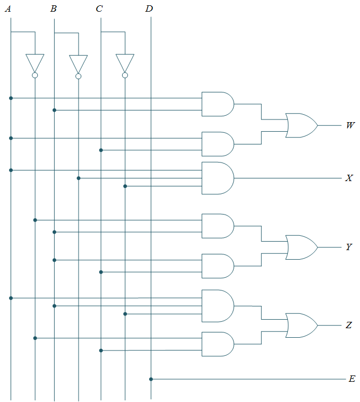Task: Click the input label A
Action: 7,8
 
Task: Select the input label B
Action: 54,8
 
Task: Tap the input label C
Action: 99,8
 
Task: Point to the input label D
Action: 149,8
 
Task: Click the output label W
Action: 350,126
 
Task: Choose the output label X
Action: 349,178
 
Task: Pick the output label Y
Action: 349,247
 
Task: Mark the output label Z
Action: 349,325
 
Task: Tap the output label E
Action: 352,379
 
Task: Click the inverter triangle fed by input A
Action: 35,62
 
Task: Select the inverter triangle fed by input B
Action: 79,62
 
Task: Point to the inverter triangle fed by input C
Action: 125,62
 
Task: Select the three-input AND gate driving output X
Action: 217,178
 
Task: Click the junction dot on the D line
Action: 151,379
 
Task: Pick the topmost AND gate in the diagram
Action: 217,104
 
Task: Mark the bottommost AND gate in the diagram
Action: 217,344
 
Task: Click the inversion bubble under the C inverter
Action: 125,76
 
